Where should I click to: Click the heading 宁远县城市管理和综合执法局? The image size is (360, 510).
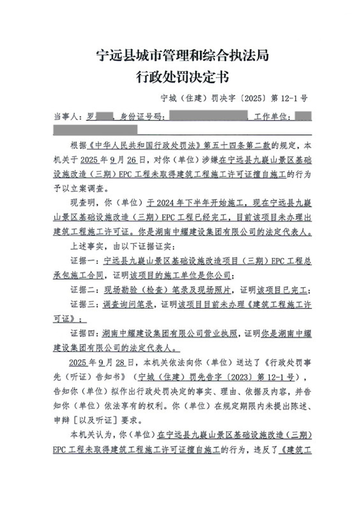coord(183,56)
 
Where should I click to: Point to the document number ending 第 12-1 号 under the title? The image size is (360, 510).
coord(234,98)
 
